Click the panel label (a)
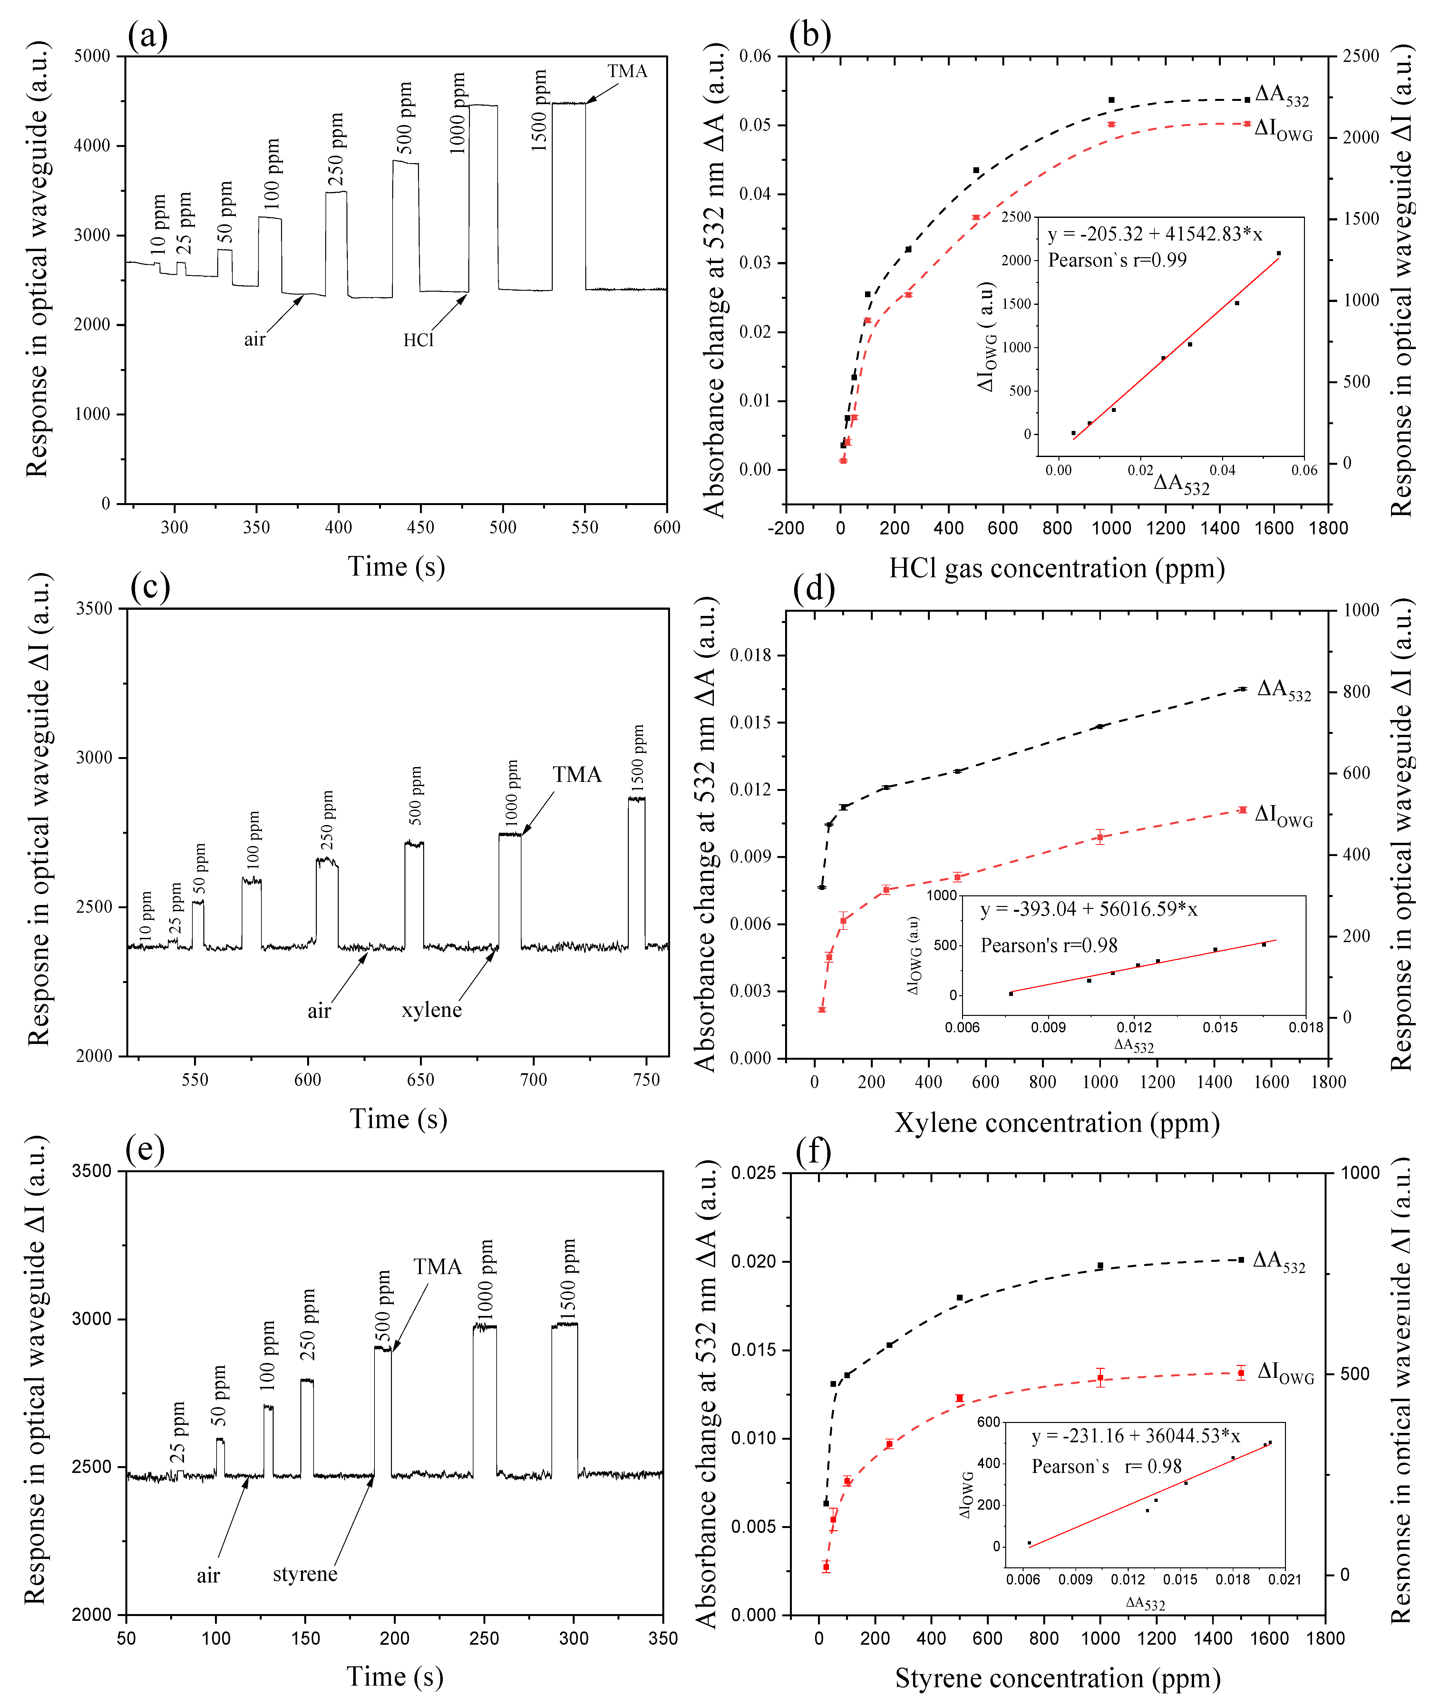tap(148, 36)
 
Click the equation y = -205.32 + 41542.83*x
tap(1154, 235)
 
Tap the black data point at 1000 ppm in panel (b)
tap(1111, 100)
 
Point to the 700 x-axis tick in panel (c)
tap(533, 1080)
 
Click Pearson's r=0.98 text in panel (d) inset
tap(1048, 945)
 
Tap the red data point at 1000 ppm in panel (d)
tap(1100, 837)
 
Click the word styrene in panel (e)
tap(304, 1574)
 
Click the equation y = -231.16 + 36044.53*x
tap(1135, 1436)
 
